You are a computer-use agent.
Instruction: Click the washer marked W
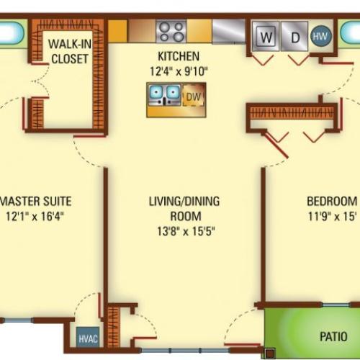tap(266, 36)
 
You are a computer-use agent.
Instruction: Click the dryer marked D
tap(294, 36)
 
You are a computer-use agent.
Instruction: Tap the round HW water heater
tap(321, 36)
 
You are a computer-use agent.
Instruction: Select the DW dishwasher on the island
tap(194, 96)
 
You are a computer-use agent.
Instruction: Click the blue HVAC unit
tap(88, 337)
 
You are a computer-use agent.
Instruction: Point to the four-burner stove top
tap(171, 32)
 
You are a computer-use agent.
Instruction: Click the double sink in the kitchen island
tap(164, 95)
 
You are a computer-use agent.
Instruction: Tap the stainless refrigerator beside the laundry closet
tap(229, 31)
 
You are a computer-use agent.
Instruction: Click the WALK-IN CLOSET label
tap(70, 52)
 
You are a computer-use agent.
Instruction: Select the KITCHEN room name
tap(179, 56)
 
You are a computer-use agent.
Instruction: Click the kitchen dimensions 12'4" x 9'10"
tap(179, 71)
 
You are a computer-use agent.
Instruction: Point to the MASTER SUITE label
tap(36, 201)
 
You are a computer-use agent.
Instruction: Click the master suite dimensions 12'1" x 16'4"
tap(35, 216)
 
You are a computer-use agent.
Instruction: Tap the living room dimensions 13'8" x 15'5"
tap(186, 232)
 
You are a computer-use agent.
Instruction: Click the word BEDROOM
tap(332, 201)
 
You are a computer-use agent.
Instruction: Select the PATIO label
tap(333, 336)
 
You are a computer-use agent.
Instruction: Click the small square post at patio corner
tap(270, 354)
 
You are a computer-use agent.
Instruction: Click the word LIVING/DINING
tap(184, 201)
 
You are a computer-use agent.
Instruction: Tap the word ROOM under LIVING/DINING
tap(186, 216)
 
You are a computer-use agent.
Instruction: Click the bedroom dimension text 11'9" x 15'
tap(332, 216)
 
